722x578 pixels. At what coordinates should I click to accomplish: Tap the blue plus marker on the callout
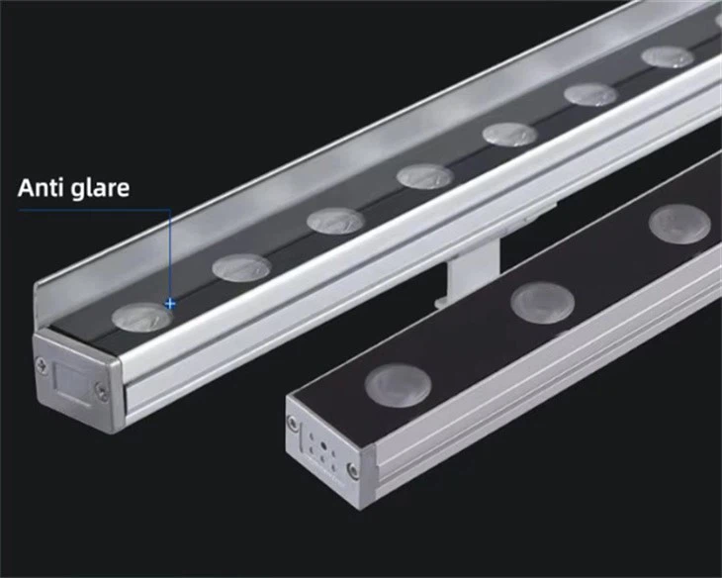171,304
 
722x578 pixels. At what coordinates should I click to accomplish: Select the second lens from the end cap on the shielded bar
241,265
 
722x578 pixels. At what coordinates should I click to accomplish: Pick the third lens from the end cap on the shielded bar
335,220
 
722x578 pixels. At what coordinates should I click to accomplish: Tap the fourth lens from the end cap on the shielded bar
425,176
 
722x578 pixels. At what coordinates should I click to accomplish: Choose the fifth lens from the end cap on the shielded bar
510,134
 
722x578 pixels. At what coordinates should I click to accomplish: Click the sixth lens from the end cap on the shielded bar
591,94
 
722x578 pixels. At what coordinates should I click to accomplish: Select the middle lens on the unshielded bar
543,300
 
